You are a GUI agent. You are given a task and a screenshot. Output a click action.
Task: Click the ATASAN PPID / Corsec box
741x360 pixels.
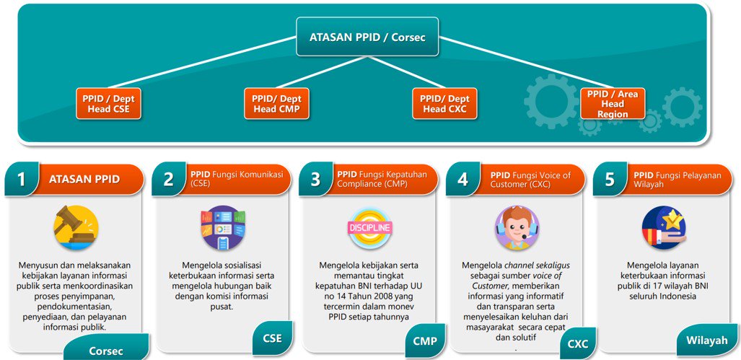tap(367, 36)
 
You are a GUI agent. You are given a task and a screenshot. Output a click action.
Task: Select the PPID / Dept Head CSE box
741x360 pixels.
tap(108, 104)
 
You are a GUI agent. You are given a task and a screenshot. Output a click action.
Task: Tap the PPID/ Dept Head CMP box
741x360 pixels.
tap(276, 104)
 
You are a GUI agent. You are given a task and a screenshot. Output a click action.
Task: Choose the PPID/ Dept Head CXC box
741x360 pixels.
tap(445, 104)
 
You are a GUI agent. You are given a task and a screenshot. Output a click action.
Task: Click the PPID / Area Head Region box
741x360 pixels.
tap(613, 104)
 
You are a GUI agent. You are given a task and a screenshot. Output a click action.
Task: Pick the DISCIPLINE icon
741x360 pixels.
tap(370, 228)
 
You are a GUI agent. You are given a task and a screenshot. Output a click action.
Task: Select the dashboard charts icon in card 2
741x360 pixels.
tap(223, 228)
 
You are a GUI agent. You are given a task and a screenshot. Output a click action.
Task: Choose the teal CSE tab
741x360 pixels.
tap(271, 338)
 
